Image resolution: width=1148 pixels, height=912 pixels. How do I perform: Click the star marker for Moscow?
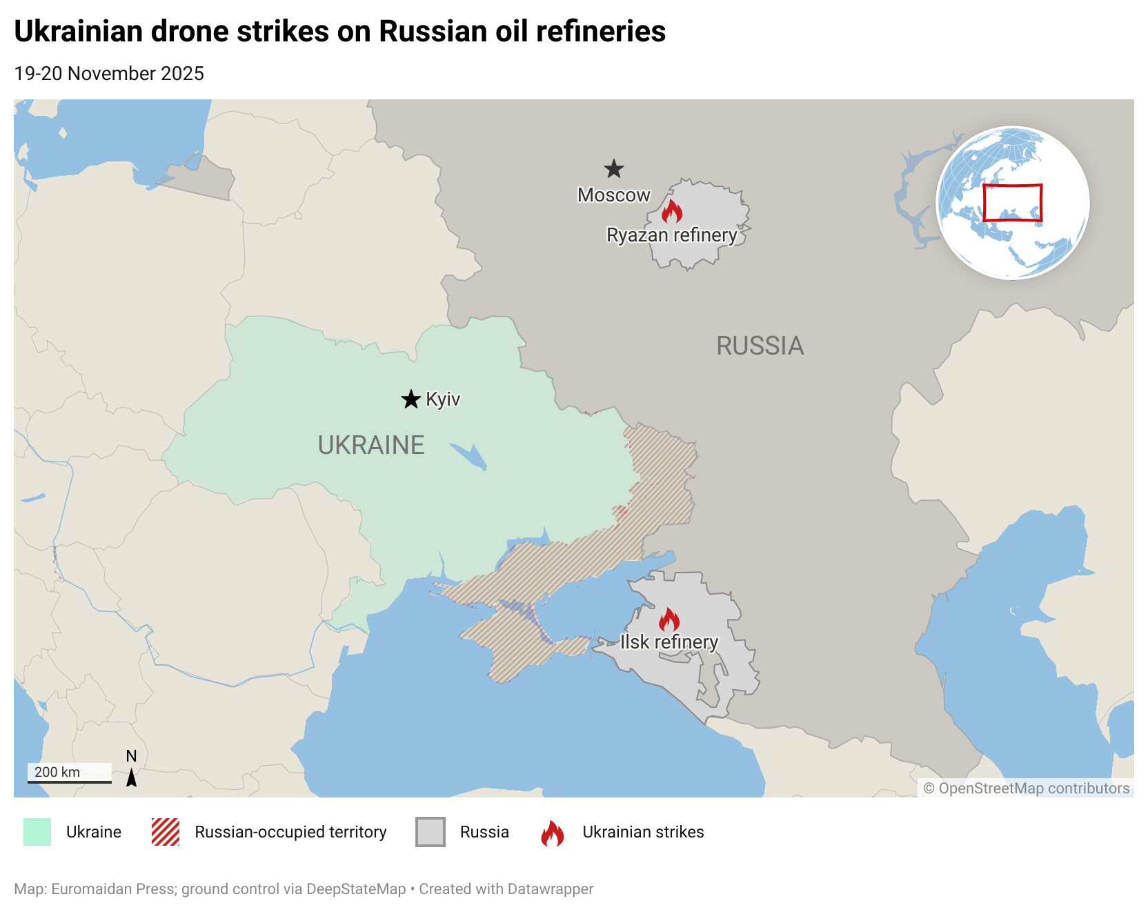coord(613,169)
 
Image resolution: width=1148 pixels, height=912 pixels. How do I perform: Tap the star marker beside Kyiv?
coord(411,399)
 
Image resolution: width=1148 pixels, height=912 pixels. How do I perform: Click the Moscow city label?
coord(613,195)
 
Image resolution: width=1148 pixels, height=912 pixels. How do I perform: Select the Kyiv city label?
coord(443,399)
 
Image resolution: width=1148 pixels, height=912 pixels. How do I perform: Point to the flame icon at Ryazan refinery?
coord(671,211)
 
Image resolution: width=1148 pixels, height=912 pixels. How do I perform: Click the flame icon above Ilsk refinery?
coord(669,619)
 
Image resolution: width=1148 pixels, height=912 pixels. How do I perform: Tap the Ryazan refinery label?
coord(671,235)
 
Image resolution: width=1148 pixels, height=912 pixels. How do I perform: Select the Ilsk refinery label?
coord(669,642)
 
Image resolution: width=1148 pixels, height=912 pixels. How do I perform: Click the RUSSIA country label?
coord(760,346)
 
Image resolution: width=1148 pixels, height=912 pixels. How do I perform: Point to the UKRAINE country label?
coord(370,445)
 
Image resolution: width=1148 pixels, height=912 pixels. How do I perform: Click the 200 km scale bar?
coord(69,781)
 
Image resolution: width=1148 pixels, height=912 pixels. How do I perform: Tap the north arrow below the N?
coord(131,777)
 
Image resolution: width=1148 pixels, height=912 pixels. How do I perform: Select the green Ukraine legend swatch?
coord(37,832)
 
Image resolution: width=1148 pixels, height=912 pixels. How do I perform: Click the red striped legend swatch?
coord(166,832)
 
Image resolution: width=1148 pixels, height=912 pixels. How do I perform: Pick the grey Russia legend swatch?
coord(430,832)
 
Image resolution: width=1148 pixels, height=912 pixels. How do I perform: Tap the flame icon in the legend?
coord(552,833)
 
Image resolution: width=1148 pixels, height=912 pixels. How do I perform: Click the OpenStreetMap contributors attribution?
coord(1026,788)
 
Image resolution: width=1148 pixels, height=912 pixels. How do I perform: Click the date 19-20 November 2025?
coord(109,74)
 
